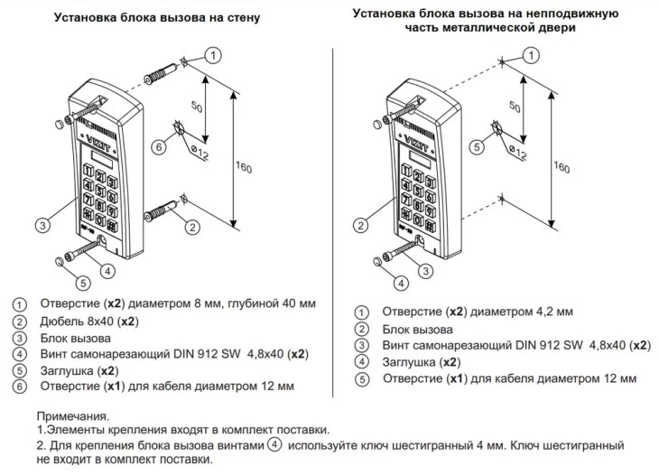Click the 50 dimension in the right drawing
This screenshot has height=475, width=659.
click(515, 107)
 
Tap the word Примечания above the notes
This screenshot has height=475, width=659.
click(71, 417)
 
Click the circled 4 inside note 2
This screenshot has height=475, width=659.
click(274, 444)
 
